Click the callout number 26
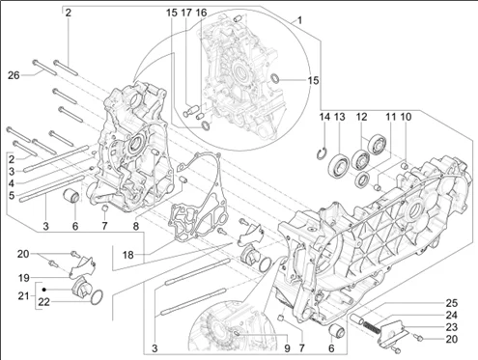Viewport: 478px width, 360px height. (x=14, y=75)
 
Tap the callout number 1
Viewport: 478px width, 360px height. (x=299, y=21)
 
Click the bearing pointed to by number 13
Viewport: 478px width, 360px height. (x=339, y=165)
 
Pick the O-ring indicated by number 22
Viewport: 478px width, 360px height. (x=98, y=296)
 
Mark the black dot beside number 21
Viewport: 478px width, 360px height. (x=44, y=290)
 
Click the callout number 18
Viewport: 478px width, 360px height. (x=127, y=255)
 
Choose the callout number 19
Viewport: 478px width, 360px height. (x=23, y=278)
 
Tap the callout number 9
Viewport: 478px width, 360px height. (x=287, y=348)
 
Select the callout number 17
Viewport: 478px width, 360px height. (x=186, y=13)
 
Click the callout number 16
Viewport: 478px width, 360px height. (x=201, y=13)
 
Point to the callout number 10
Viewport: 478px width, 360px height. (x=406, y=117)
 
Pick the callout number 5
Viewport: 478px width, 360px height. (x=12, y=195)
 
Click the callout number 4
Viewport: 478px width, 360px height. (x=12, y=183)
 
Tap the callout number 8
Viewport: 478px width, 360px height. (x=136, y=226)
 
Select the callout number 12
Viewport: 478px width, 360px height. (x=361, y=117)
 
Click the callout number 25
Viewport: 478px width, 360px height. (x=452, y=303)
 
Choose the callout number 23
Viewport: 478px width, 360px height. (x=452, y=327)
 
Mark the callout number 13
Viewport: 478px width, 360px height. (x=339, y=117)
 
